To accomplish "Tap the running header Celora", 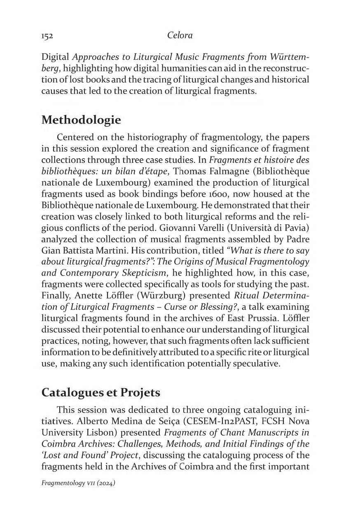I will (x=180, y=35).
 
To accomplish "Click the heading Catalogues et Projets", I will (x=101, y=393).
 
